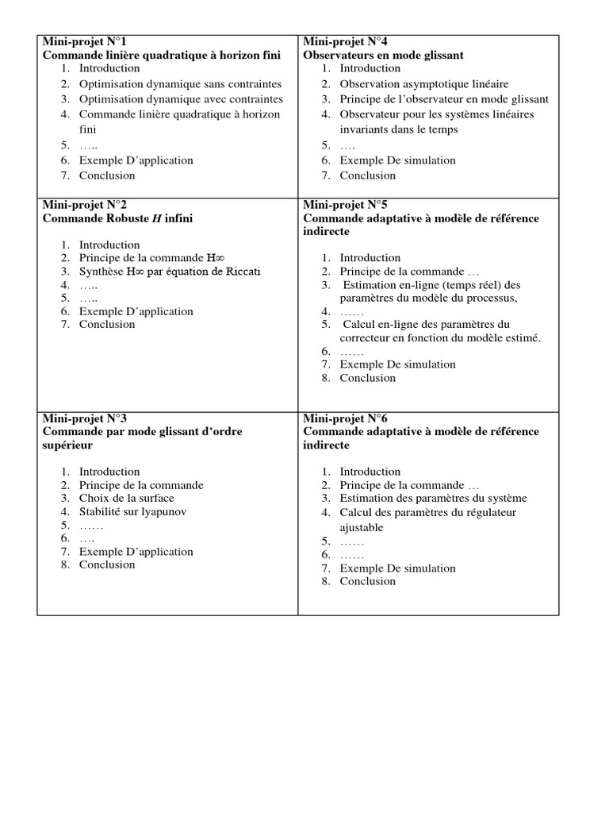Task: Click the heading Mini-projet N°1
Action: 83,42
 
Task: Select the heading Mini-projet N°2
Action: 83,204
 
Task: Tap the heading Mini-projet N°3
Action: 83,418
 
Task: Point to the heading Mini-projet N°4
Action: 344,42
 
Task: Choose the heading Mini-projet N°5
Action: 344,204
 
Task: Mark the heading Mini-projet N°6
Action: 344,418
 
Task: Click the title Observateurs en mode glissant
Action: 384,56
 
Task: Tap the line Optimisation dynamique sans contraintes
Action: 180,83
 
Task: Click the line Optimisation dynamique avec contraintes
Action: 180,99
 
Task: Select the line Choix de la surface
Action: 127,499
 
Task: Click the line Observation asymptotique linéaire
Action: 424,83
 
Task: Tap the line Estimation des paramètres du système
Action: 433,499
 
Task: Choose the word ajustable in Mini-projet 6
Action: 362,527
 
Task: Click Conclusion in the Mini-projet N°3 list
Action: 107,565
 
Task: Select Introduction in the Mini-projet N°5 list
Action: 370,258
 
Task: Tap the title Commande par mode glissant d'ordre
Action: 142,432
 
